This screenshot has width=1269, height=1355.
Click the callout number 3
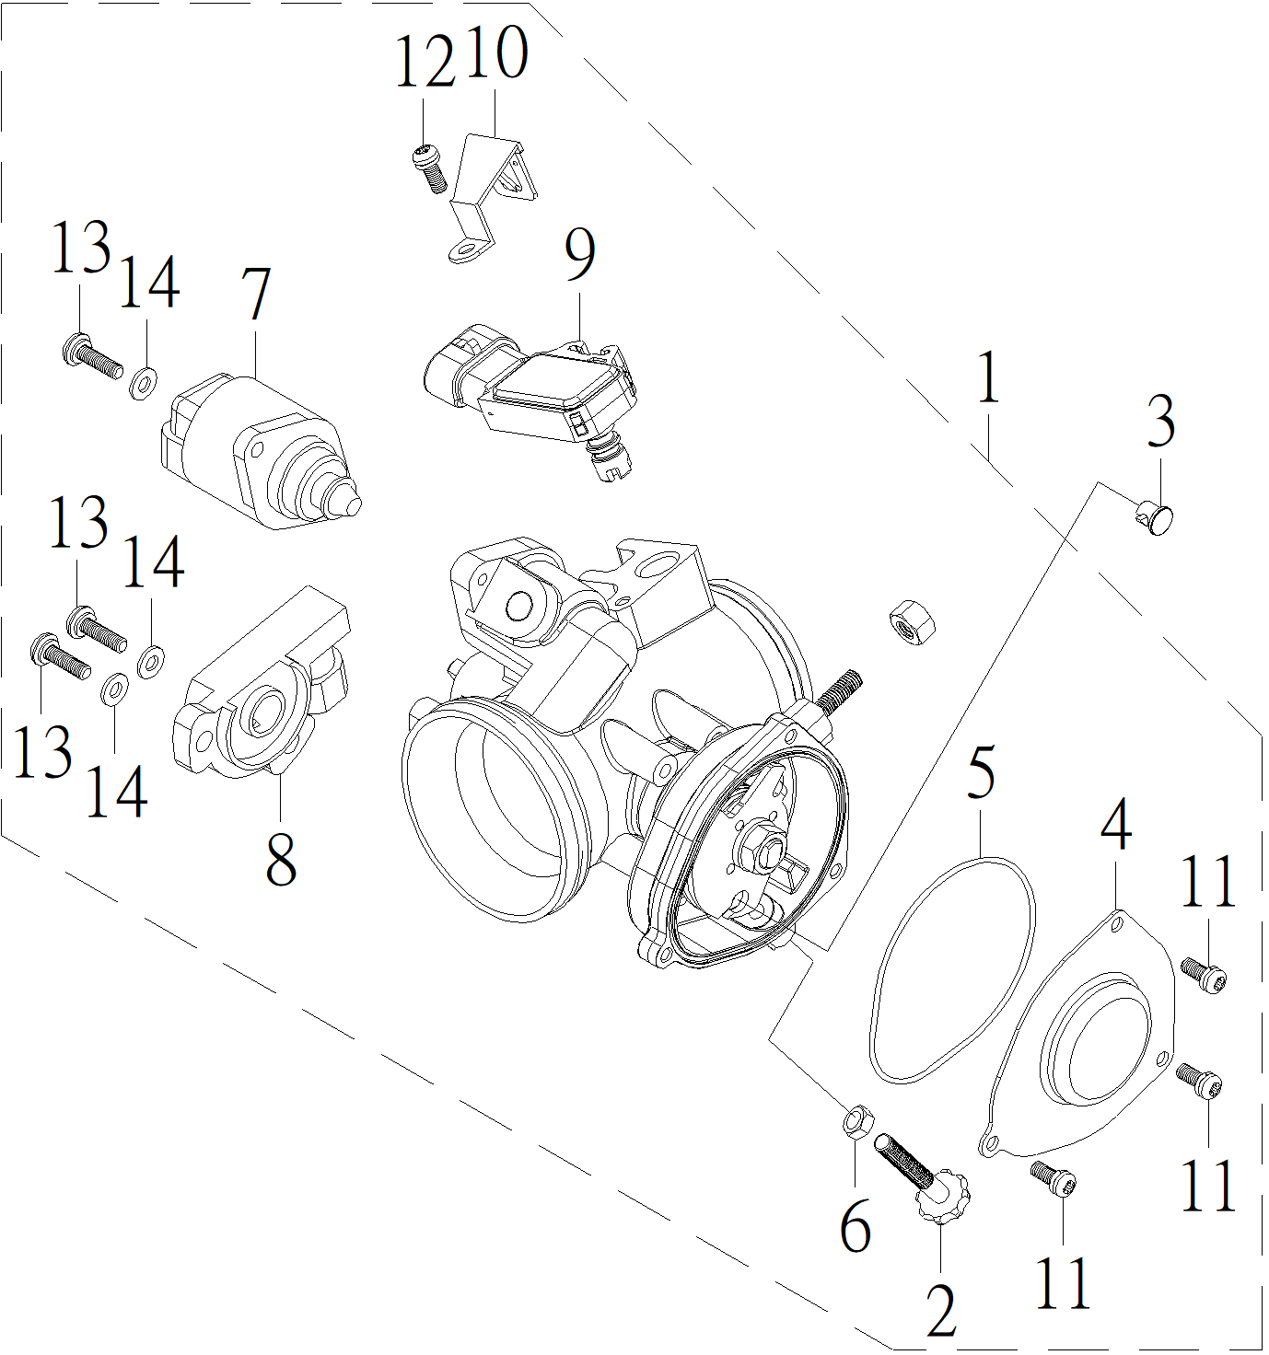click(x=1161, y=422)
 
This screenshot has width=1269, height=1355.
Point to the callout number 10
click(x=496, y=52)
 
